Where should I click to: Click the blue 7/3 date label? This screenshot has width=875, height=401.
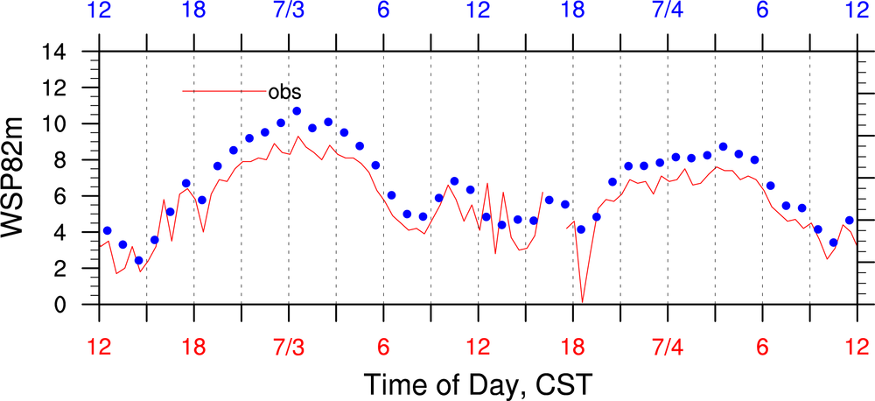coord(289,11)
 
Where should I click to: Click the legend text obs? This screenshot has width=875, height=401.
coord(285,91)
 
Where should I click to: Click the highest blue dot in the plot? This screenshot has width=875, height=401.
coord(297,111)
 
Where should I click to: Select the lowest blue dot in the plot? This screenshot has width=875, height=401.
coord(138,261)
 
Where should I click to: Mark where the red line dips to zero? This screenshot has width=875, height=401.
coord(583,303)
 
